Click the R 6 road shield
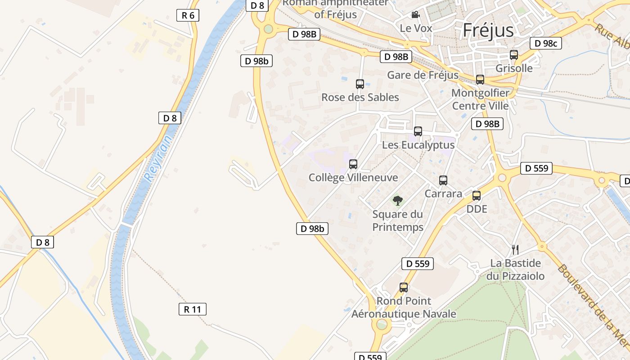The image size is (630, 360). point(188,15)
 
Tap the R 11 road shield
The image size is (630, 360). point(193,309)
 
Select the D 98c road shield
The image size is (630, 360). point(546,43)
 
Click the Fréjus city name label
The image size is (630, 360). point(488,30)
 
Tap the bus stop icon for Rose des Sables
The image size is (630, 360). point(360,84)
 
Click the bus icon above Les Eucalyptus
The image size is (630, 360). point(418,131)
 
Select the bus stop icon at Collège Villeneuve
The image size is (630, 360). point(353,164)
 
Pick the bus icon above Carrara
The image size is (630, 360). point(443,180)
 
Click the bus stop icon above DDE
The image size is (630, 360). point(477,196)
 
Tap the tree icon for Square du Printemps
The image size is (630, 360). point(397,201)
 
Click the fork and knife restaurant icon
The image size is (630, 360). point(515,249)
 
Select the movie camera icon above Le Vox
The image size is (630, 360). point(415,15)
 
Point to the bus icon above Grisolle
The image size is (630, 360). point(514,55)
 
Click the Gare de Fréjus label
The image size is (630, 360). point(423,75)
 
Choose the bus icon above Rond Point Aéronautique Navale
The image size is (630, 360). point(404,288)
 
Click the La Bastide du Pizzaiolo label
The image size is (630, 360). point(515,270)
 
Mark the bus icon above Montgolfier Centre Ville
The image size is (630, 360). point(480,80)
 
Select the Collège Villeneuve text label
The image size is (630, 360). point(353,178)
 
